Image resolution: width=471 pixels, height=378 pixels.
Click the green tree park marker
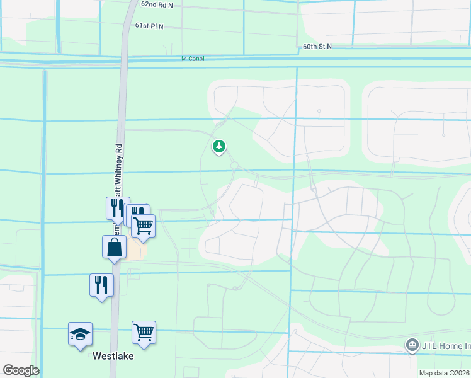pyautogui.click(x=219, y=147)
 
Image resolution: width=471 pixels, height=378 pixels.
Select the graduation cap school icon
pyautogui.click(x=81, y=333)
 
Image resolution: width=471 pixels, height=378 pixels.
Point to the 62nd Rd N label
pyautogui.click(x=157, y=4)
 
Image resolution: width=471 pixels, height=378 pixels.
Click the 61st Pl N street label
pyautogui.click(x=149, y=26)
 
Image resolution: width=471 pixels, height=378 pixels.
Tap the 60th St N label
pyautogui.click(x=317, y=47)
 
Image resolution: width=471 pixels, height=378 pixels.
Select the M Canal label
pyautogui.click(x=193, y=59)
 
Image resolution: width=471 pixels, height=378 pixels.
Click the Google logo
pyautogui.click(x=21, y=370)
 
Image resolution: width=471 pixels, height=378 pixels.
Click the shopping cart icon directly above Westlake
pyautogui.click(x=144, y=332)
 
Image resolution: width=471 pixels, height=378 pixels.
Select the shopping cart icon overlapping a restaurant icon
pyautogui.click(x=144, y=225)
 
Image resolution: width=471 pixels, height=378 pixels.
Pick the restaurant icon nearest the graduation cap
pyautogui.click(x=101, y=285)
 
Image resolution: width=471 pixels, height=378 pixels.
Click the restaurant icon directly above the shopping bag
pyautogui.click(x=118, y=207)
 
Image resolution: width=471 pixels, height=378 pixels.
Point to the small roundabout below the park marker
pyautogui.click(x=235, y=166)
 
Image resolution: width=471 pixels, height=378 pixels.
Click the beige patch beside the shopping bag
pyautogui.click(x=136, y=251)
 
